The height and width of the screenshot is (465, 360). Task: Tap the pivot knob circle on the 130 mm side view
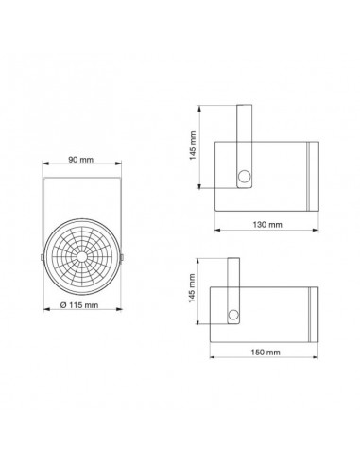245,177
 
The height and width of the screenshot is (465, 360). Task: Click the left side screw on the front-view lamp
42,254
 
